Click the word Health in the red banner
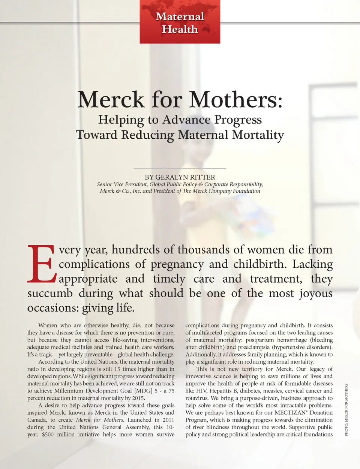pyautogui.click(x=180, y=29)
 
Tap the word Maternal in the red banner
pyautogui.click(x=180, y=16)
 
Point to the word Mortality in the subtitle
pyautogui.click(x=258, y=135)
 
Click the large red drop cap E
pyautogui.click(x=41, y=264)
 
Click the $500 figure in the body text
pyautogui.click(x=48, y=435)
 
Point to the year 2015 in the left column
pyautogui.click(x=138, y=398)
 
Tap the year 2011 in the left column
pyautogui.click(x=168, y=420)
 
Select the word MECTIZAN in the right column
pyautogui.click(x=290, y=413)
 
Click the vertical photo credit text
pyautogui.click(x=346, y=409)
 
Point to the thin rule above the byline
pyautogui.click(x=180, y=168)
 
